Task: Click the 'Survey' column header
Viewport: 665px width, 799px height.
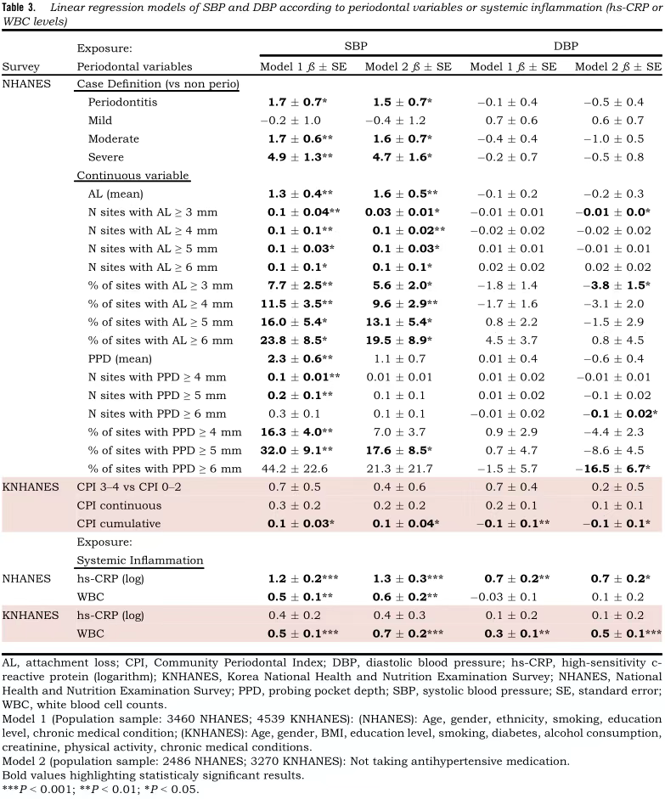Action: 20,66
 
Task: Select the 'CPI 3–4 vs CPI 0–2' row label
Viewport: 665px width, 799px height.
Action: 130,487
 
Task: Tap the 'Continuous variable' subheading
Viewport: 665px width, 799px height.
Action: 132,176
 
